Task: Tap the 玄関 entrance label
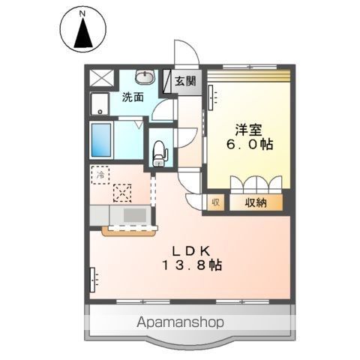pyautogui.click(x=185, y=80)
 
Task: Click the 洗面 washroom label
pyautogui.click(x=133, y=97)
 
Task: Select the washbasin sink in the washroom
pyautogui.click(x=145, y=76)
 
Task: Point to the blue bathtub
pyautogui.click(x=101, y=139)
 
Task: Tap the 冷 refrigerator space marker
pyautogui.click(x=100, y=175)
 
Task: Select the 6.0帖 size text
pyautogui.click(x=247, y=145)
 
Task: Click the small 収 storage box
pyautogui.click(x=215, y=202)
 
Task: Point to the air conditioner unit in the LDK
pyautogui.click(x=93, y=278)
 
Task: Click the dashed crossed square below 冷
pyautogui.click(x=121, y=193)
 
